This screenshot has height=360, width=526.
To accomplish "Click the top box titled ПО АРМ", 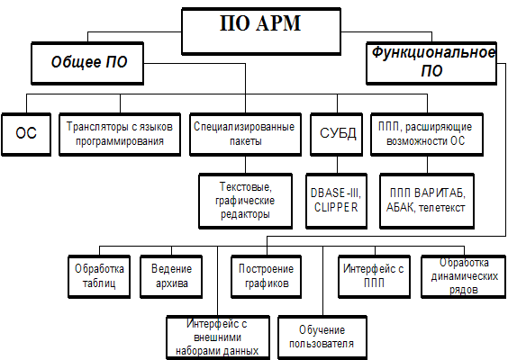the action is click(x=261, y=31).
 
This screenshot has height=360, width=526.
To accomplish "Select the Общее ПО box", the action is click(x=87, y=63).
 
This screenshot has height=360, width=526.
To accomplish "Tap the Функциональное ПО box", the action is click(x=431, y=63).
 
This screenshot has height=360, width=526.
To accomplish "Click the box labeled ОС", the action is click(x=26, y=134).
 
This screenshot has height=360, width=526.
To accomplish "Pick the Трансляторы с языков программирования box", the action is click(x=120, y=134).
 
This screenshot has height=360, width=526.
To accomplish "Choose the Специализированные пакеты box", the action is click(x=245, y=134).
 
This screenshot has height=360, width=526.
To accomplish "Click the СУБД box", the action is click(x=337, y=134).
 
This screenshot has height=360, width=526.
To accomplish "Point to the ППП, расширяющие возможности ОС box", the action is click(x=427, y=134).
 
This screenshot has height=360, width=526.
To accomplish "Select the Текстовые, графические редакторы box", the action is click(x=245, y=201).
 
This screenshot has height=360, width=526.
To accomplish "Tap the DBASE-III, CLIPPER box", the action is click(x=336, y=201).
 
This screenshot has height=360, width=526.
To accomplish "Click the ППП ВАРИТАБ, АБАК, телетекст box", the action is click(x=427, y=201).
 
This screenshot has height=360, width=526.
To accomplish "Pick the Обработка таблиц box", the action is click(x=99, y=276).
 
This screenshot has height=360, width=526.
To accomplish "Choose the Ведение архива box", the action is click(x=171, y=276).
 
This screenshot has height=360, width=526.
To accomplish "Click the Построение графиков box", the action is click(x=266, y=276).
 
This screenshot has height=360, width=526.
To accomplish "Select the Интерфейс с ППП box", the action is click(x=374, y=276).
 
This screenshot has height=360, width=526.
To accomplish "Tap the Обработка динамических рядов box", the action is click(x=463, y=276).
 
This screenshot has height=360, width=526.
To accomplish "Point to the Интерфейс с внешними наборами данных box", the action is click(x=218, y=337).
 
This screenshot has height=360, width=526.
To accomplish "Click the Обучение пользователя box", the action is click(x=322, y=337).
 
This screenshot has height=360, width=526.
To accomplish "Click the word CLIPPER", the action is click(x=336, y=208).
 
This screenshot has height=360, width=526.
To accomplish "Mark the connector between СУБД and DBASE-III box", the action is click(x=337, y=165).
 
